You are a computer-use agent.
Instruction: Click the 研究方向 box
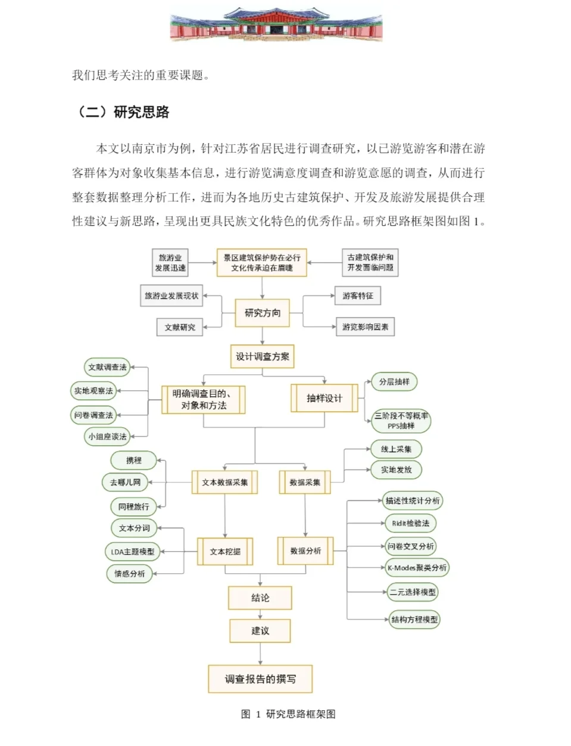[262, 313]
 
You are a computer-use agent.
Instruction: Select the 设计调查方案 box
[262, 356]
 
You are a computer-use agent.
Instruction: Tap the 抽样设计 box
[324, 398]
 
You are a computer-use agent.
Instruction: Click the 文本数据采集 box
[224, 482]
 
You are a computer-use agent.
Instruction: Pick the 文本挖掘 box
[225, 551]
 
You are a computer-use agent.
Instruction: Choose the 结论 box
[260, 598]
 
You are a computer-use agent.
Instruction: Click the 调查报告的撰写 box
[260, 679]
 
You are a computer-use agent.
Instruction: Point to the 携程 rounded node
[133, 460]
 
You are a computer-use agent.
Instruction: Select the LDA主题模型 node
[132, 552]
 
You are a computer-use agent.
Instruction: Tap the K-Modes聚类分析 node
[417, 567]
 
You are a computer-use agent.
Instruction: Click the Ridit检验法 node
[410, 523]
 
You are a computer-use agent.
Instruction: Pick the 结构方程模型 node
[414, 619]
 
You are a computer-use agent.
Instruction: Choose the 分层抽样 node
[394, 381]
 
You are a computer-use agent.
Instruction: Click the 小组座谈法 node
[108, 436]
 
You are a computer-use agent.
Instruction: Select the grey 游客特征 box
[357, 296]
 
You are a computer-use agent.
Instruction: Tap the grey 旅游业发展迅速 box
[170, 263]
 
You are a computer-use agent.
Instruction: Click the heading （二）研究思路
[123, 112]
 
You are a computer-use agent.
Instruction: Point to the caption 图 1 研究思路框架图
[288, 714]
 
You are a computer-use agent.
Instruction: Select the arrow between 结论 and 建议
[260, 614]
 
